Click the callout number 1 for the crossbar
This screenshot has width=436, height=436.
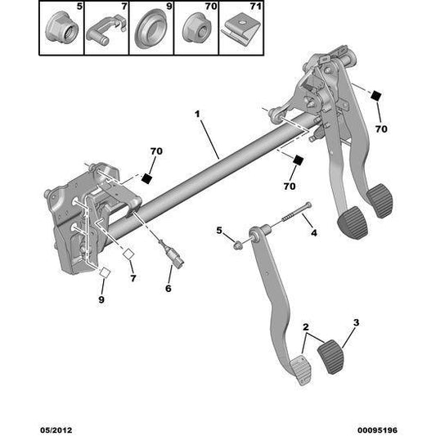[197, 114]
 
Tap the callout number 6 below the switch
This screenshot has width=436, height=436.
[169, 289]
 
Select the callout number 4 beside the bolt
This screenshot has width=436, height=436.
[313, 233]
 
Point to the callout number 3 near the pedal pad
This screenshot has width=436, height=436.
[356, 322]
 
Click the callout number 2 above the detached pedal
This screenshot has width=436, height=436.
[306, 327]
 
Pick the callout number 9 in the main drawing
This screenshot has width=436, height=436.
[101, 299]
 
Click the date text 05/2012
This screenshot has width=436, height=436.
[56, 430]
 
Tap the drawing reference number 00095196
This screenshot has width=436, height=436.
[377, 430]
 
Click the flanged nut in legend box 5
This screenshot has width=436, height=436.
[61, 29]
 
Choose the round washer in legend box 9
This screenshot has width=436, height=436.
[151, 29]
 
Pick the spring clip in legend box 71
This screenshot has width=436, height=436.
[240, 29]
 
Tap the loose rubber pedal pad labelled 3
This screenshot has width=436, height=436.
[331, 356]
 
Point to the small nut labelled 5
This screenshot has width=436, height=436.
[237, 245]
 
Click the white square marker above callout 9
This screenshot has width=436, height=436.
[105, 272]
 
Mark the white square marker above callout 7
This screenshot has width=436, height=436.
[128, 254]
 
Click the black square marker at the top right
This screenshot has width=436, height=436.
[376, 96]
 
